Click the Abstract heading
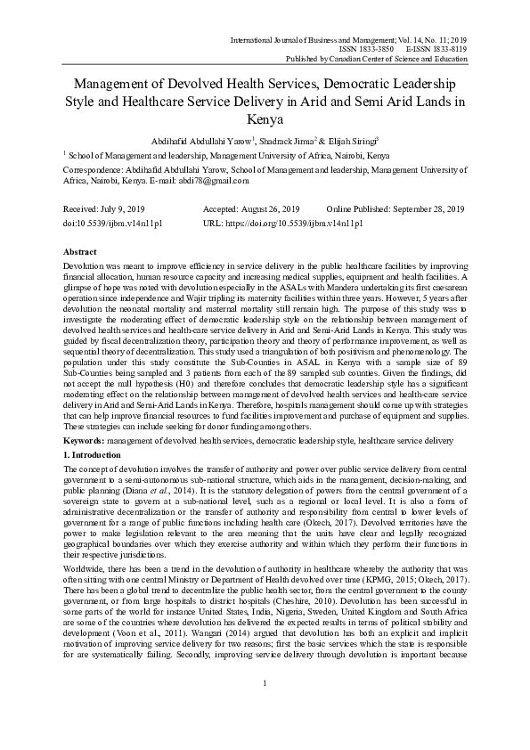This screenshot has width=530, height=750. tap(81, 253)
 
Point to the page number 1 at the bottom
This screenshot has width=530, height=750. tap(265, 708)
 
